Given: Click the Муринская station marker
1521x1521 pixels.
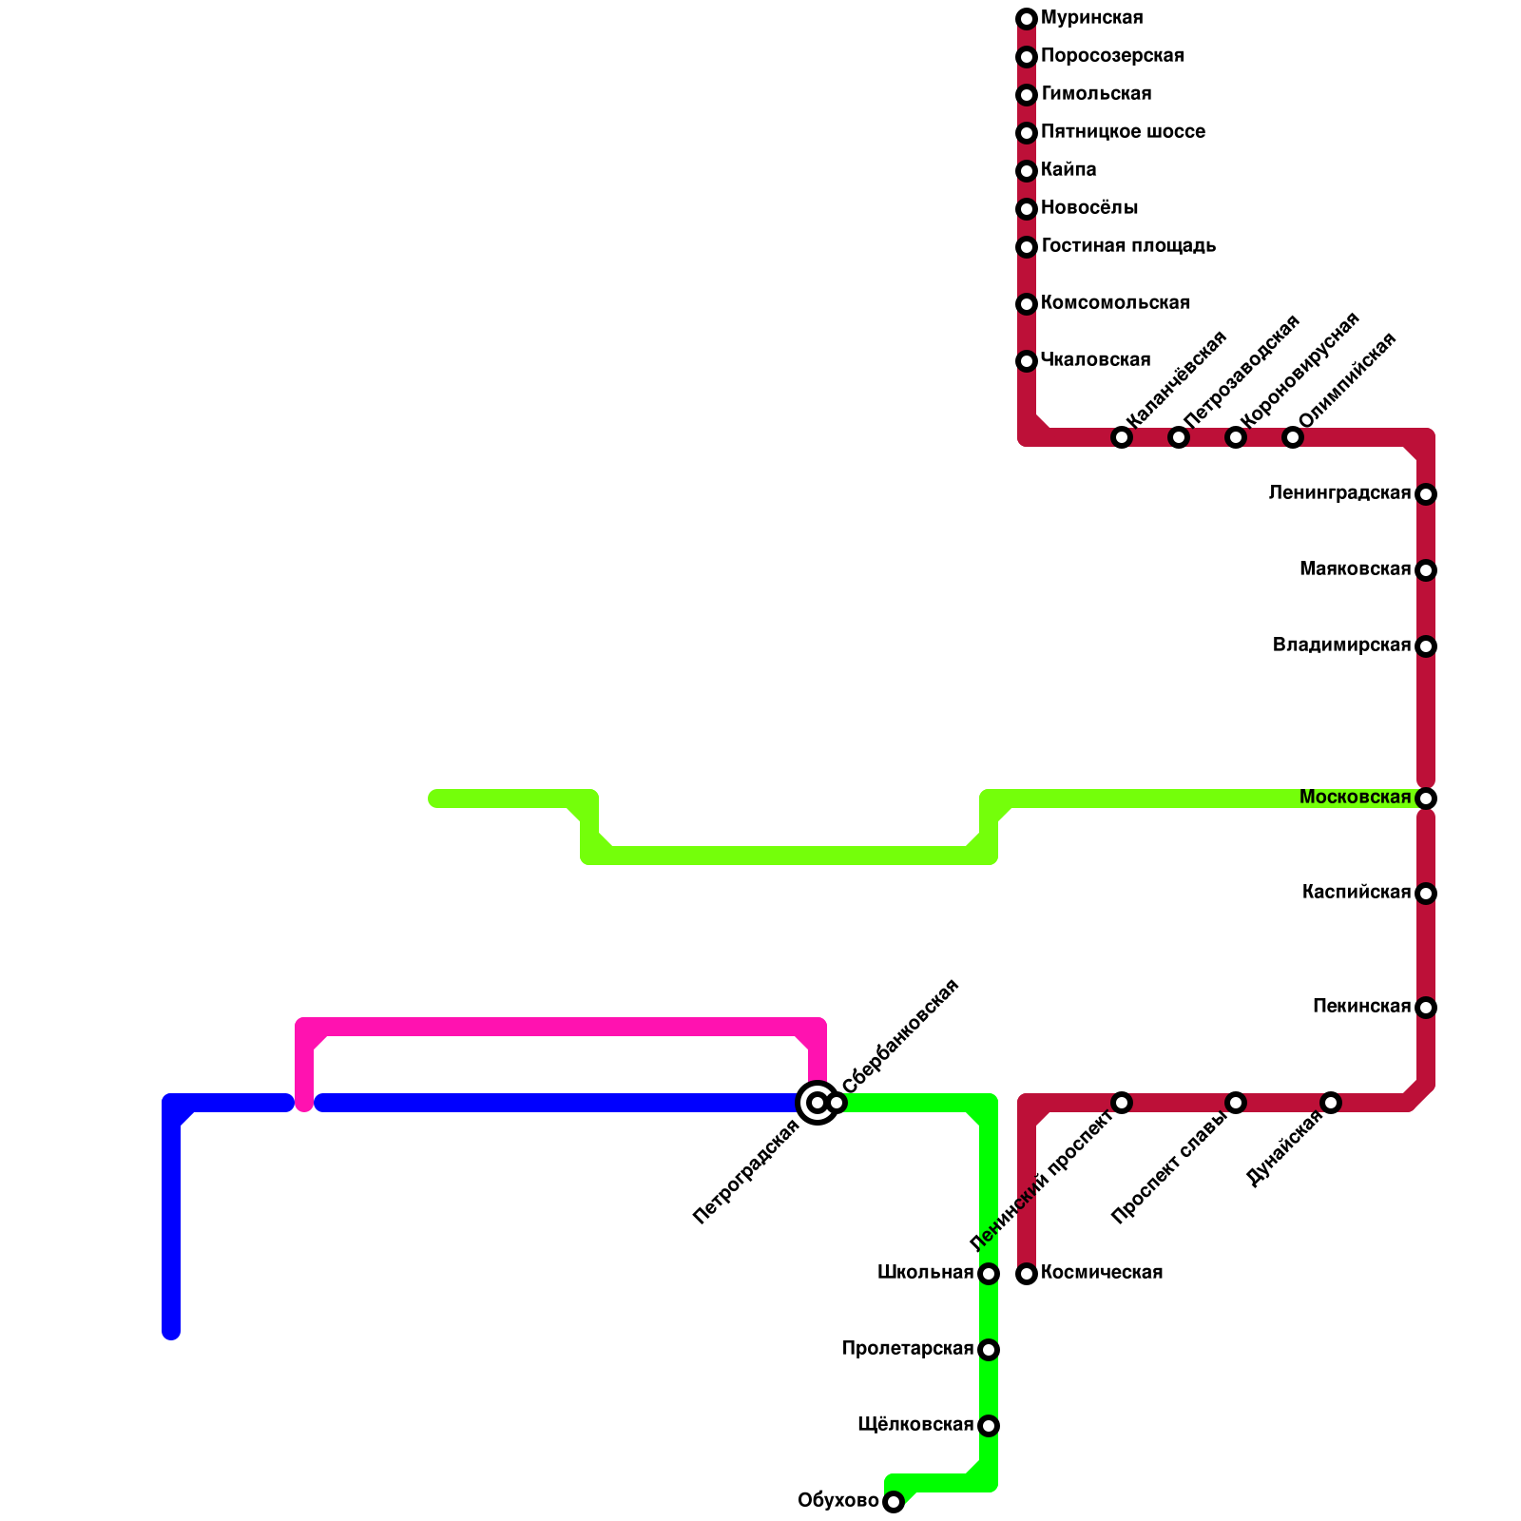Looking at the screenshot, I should [1027, 19].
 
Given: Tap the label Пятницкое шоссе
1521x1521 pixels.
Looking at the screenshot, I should [1123, 132].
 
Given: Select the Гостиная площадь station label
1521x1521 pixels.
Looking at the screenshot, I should [1128, 246].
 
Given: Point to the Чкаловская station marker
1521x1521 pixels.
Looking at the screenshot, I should [1027, 361].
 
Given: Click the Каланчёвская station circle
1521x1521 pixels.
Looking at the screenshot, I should [1122, 437].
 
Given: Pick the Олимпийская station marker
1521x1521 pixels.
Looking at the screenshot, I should [1293, 437].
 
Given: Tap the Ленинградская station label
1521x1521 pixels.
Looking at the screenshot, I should [1339, 493].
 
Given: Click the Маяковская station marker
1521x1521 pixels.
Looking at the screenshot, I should [1426, 570].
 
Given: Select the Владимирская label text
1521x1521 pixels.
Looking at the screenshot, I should [1341, 645].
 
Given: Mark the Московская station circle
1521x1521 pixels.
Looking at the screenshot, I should [1426, 799].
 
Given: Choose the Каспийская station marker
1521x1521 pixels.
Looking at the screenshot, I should [1426, 894].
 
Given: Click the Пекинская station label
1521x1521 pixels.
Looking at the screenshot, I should [1361, 1007].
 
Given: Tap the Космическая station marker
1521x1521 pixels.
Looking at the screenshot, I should [1027, 1274].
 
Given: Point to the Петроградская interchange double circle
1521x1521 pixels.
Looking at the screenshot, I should [817, 1103].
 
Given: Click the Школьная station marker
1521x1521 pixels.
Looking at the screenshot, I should [989, 1274].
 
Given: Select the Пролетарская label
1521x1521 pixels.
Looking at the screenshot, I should [907, 1349].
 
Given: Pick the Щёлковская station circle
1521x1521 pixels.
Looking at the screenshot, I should [989, 1426].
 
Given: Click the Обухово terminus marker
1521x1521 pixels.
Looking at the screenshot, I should [894, 1502].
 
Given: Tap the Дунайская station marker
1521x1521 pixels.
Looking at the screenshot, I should [1331, 1103].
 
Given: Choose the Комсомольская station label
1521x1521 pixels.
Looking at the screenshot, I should [1115, 303].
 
